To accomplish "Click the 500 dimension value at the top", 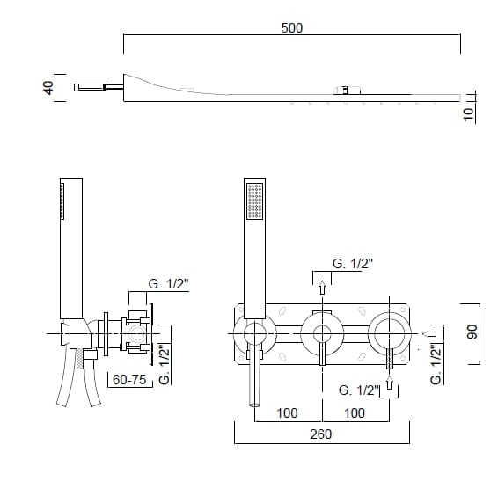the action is pos(292,28).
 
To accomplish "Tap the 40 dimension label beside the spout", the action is pos(48,88).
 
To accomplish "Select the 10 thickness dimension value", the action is pos(468,114).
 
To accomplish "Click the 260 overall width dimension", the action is pos(321,434).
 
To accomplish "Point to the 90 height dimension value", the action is pos(472,332).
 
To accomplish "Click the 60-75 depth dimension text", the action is pos(129,379).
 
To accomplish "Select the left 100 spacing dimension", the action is pos(287,413).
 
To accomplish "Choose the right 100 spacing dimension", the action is pos(355,413).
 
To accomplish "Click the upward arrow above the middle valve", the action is pos(322,288).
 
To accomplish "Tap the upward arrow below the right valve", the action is pos(390,382).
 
